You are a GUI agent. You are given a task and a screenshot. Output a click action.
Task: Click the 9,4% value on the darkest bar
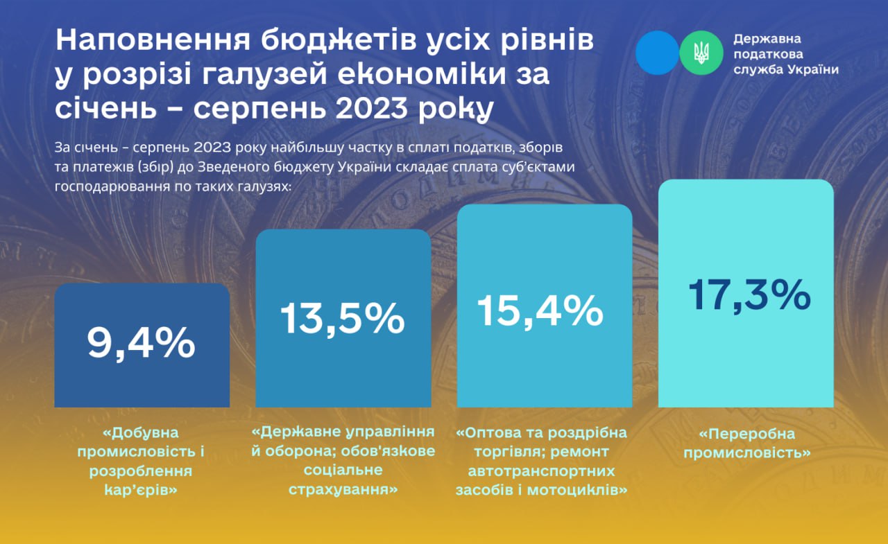pyautogui.click(x=141, y=344)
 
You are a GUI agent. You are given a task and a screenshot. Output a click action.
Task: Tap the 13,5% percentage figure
pyautogui.click(x=343, y=319)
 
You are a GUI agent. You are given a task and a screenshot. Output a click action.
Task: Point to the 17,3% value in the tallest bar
pyautogui.click(x=749, y=295)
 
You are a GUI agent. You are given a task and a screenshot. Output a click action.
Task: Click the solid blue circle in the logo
pyautogui.click(x=658, y=53)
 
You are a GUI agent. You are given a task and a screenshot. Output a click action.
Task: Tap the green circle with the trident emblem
pyautogui.click(x=701, y=53)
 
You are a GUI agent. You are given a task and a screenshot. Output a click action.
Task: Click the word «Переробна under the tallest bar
pyautogui.click(x=747, y=434)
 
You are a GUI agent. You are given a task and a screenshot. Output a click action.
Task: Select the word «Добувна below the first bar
pyautogui.click(x=141, y=432)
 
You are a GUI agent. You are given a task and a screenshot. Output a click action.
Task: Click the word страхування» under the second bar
pyautogui.click(x=343, y=490)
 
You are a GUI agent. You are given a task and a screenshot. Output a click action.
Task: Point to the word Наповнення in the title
pyautogui.click(x=153, y=40)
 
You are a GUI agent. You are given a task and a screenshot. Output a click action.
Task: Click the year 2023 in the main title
pyautogui.click(x=371, y=108)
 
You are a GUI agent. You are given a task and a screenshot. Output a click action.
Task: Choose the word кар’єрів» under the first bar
pyautogui.click(x=141, y=491)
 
